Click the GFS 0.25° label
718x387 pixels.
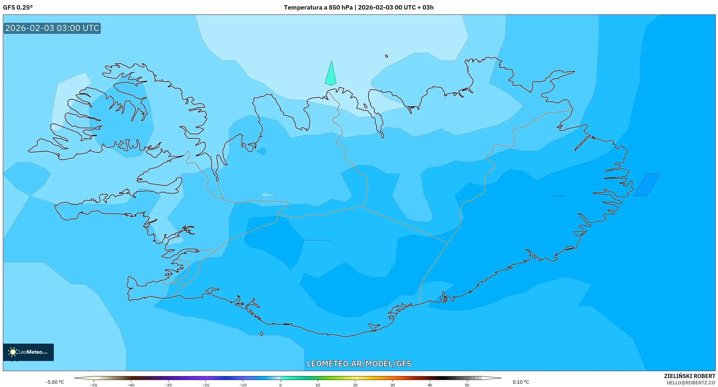pyautogui.click(x=18, y=8)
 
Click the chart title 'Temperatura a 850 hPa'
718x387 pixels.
pyautogui.click(x=318, y=8)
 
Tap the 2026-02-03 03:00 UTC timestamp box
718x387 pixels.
pyautogui.click(x=52, y=28)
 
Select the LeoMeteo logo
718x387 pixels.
pyautogui.click(x=28, y=352)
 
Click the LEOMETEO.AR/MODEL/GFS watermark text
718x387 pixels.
pyautogui.click(x=359, y=364)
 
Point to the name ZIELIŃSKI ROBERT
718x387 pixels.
pyautogui.click(x=689, y=376)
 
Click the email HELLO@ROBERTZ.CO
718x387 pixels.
pyautogui.click(x=691, y=383)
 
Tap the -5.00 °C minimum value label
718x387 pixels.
pyautogui.click(x=55, y=382)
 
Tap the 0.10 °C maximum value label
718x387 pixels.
pyautogui.click(x=520, y=382)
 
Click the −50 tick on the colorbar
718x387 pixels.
pyautogui.click(x=94, y=385)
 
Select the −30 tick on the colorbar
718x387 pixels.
pyautogui.click(x=168, y=385)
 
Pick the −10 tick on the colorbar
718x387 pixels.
pyautogui.click(x=243, y=385)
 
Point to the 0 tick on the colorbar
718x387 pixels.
pyautogui.click(x=280, y=385)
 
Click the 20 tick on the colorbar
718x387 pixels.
pyautogui.click(x=355, y=385)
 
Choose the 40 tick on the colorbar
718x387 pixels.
pyautogui.click(x=430, y=385)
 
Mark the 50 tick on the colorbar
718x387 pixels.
pyautogui.click(x=467, y=385)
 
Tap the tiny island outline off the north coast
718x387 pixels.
pyautogui.click(x=387, y=56)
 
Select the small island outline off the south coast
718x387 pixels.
pyautogui.click(x=262, y=334)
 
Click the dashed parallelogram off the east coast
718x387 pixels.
pyautogui.click(x=647, y=185)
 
